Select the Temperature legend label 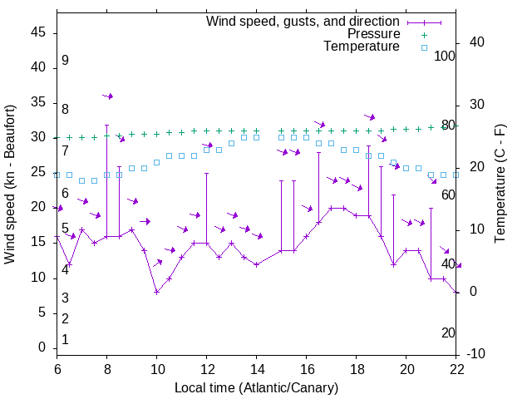(361, 47)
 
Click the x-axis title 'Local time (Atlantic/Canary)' (256, 388)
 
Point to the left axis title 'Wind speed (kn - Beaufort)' (11, 185)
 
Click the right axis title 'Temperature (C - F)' (500, 185)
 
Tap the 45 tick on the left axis (38, 32)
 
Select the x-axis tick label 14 (257, 370)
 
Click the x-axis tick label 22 (456, 370)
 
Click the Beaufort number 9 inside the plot (65, 61)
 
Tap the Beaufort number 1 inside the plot (65, 340)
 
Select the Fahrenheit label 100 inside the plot (445, 57)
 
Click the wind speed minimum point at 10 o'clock (156, 292)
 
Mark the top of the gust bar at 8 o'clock (106, 125)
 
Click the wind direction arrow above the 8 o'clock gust (108, 96)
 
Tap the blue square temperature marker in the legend (424, 47)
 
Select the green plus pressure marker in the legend (424, 34)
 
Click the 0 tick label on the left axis (42, 347)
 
